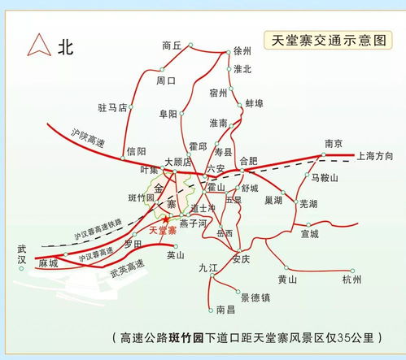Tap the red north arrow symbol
point(37,46)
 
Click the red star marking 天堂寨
point(166,219)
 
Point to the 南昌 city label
point(225,310)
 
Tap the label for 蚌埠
point(255,104)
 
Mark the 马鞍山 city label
point(325,177)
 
